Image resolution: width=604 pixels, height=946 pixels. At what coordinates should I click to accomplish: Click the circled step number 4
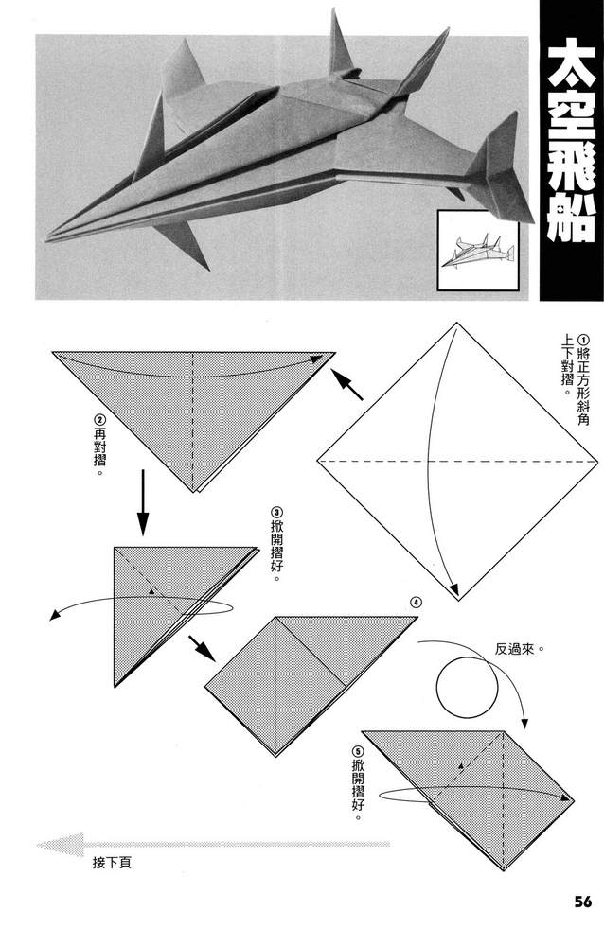coord(416,603)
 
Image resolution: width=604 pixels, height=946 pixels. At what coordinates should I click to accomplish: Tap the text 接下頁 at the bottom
coord(112,862)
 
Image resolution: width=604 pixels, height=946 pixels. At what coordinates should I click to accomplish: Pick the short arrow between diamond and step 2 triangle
coord(349,384)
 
